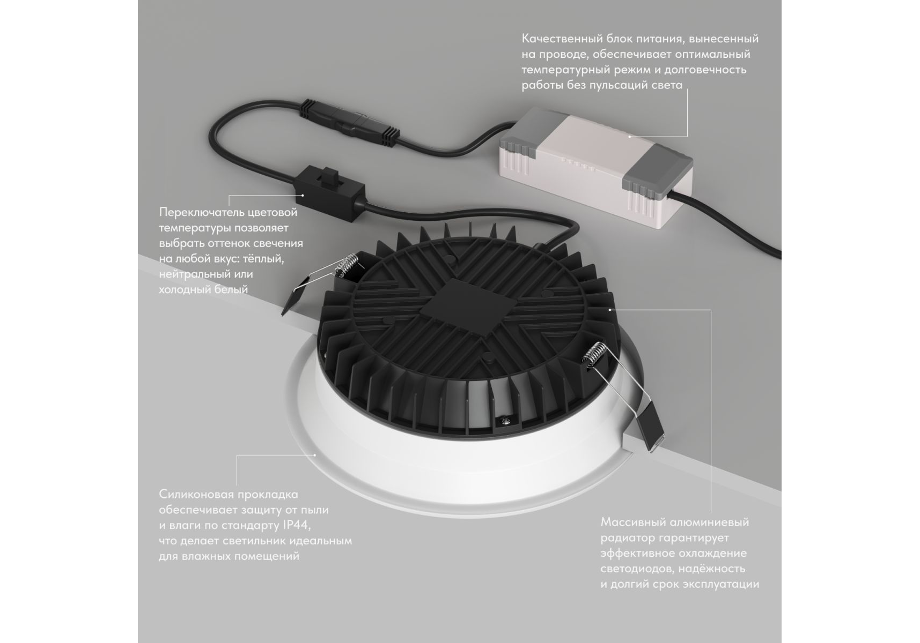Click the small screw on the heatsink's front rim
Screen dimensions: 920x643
tap(505, 422)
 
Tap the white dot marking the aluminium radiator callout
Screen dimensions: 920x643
tap(610, 310)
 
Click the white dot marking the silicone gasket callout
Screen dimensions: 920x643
tap(315, 455)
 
